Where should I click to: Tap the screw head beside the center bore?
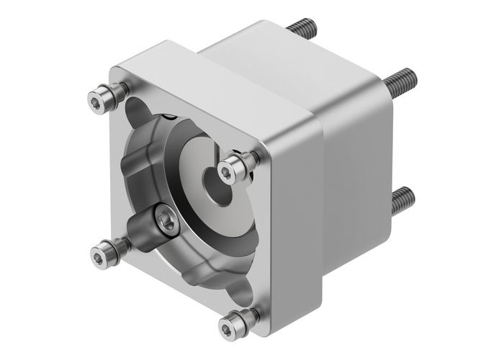229,170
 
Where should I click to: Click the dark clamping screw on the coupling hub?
164,222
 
